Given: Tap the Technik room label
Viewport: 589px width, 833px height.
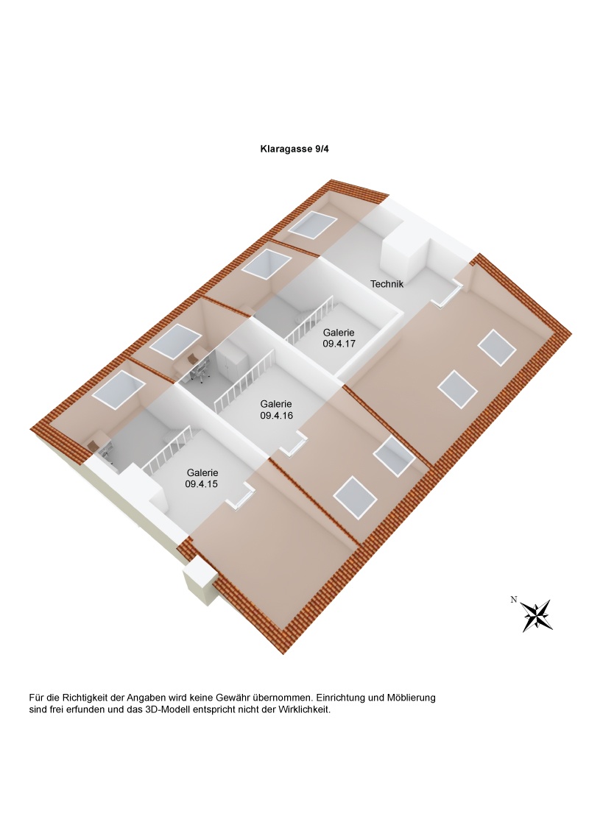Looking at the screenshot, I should [x=387, y=283].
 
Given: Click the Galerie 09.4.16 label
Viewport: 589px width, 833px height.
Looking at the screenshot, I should [x=276, y=409].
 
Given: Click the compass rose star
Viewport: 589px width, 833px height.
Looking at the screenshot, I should [x=537, y=615].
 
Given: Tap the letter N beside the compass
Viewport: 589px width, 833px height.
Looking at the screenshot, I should [x=513, y=599].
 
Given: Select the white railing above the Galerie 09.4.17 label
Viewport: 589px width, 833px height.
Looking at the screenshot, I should [x=309, y=321].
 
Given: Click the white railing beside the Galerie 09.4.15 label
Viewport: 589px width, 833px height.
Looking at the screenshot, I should [x=168, y=451].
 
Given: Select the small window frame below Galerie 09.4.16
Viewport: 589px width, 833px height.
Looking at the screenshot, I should [x=297, y=443].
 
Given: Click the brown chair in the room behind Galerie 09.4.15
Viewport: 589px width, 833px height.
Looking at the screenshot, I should [x=94, y=444].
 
